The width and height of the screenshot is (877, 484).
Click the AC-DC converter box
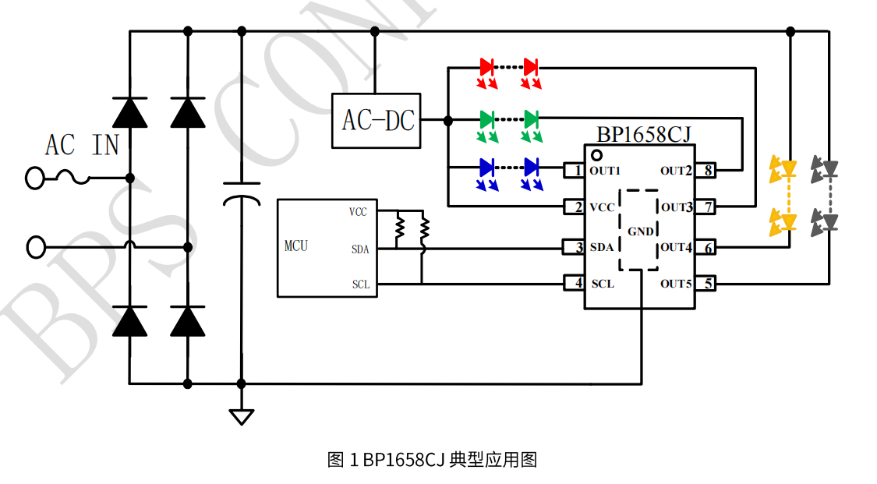(x=377, y=121)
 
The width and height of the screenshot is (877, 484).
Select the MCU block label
(x=296, y=246)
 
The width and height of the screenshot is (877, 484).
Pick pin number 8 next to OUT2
(x=706, y=170)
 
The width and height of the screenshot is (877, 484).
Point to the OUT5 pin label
(x=675, y=284)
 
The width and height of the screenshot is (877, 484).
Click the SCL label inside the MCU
(x=360, y=284)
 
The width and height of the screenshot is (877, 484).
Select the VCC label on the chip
(x=602, y=207)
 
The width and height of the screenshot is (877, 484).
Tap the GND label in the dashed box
(x=641, y=231)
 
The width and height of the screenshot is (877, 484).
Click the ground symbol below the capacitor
(x=242, y=416)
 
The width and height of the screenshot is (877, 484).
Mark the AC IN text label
(x=82, y=145)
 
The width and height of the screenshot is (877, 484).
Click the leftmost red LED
(x=487, y=67)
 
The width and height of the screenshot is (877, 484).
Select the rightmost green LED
(x=532, y=119)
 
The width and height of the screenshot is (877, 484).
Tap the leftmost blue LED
(x=487, y=167)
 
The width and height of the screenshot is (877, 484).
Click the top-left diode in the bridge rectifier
(x=129, y=113)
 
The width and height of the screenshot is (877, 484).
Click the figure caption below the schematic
(x=432, y=460)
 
